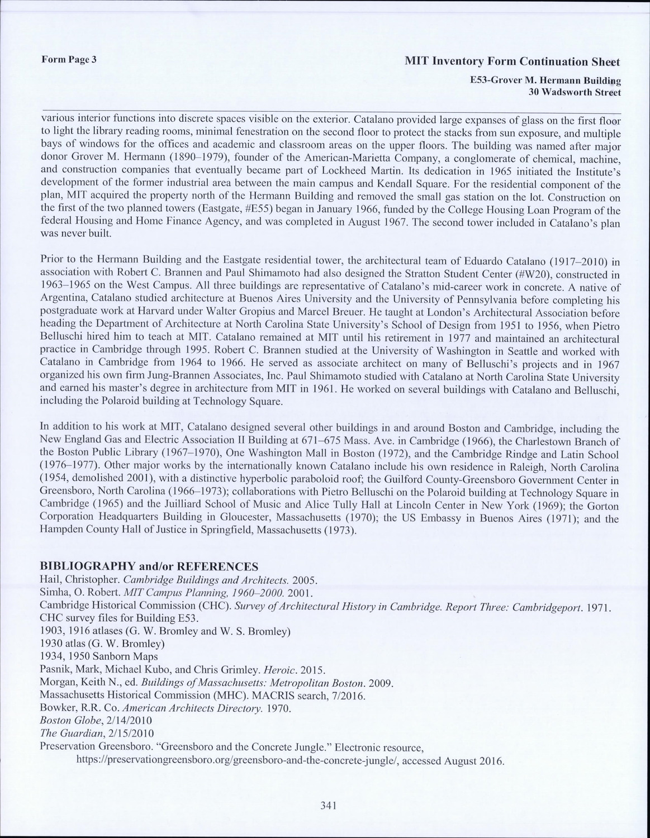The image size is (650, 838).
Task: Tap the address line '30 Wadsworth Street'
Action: tap(575, 92)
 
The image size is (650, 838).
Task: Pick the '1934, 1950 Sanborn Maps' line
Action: tap(99, 656)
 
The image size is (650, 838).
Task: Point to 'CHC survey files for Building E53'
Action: tap(120, 618)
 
